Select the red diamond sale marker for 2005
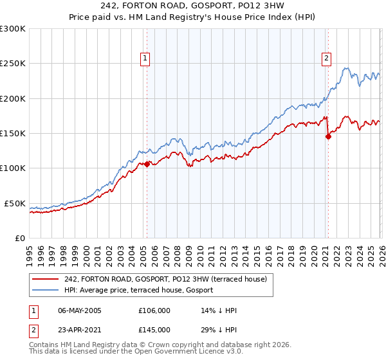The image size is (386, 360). tap(147, 164)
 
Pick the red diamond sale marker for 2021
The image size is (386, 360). tap(328, 136)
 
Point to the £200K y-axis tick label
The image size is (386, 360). tap(13, 98)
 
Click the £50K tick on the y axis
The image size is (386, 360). tap(15, 203)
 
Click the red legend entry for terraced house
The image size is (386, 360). tap(169, 278)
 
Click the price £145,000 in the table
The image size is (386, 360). tap(154, 329)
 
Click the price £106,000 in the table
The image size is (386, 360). tap(154, 310)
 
